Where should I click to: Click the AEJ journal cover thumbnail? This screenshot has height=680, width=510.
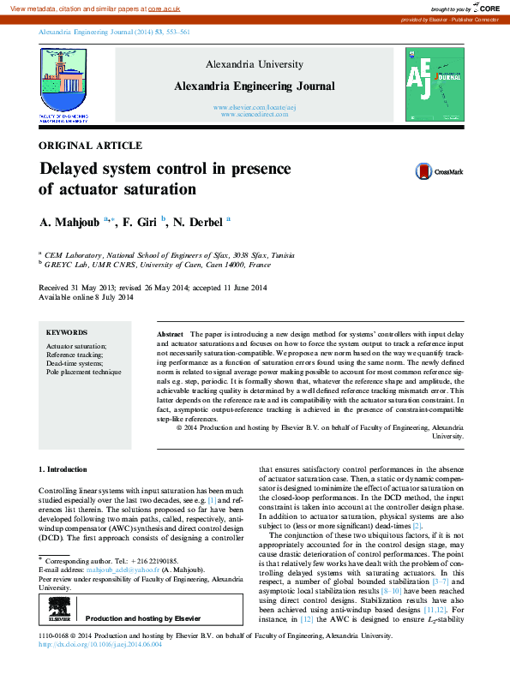click(x=435, y=83)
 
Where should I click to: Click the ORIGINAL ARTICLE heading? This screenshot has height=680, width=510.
click(x=91, y=146)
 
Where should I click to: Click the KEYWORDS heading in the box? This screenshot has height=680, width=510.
click(x=67, y=332)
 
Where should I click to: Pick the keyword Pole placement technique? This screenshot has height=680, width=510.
click(x=83, y=373)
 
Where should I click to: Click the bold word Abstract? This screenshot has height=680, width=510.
click(x=171, y=332)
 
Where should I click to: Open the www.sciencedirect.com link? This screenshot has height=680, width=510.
click(x=255, y=114)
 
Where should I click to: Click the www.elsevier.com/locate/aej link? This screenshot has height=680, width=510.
click(x=255, y=107)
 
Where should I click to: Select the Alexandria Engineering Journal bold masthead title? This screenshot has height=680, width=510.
click(x=255, y=86)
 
